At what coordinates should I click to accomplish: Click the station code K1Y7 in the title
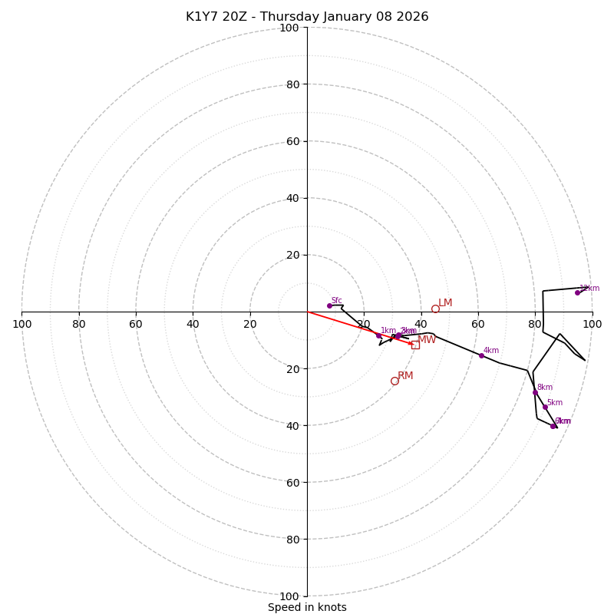pos(202,17)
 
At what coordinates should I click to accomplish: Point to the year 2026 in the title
pos(411,17)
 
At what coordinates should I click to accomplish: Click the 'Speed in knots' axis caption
pos(307,607)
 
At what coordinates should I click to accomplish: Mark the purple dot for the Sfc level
pos(329,305)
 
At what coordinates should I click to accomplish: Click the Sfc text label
pos(336,301)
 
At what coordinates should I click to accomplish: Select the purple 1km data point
pos(378,335)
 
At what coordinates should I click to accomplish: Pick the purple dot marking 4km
pos(481,355)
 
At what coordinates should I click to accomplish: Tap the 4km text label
pos(491,351)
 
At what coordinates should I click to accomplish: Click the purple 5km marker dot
pos(545,407)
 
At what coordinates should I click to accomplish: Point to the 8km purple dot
pos(535,392)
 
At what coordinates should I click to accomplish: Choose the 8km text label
pos(545,388)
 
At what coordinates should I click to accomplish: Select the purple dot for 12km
pos(577,292)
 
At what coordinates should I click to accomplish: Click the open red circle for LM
pos(435,309)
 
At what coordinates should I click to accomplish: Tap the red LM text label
pos(445,303)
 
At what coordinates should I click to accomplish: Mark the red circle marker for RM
pos(394,381)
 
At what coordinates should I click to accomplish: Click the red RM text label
pos(405,376)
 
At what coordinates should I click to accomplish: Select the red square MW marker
pos(415,345)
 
